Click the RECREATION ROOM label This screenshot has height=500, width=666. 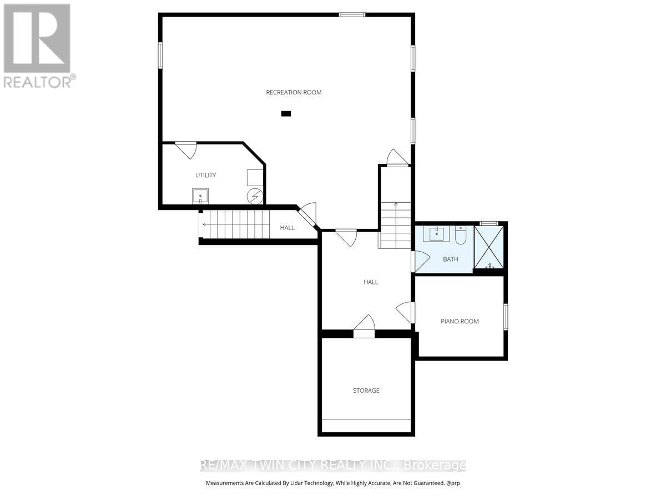click(x=294, y=92)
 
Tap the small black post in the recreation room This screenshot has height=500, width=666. click(x=286, y=114)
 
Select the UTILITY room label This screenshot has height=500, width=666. click(x=205, y=175)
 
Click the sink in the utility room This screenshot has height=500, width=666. click(x=200, y=196)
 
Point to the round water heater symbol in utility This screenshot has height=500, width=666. click(x=255, y=196)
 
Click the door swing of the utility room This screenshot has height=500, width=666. click(x=186, y=150)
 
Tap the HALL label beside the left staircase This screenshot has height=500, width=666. click(x=287, y=228)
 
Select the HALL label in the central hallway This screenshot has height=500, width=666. click(x=371, y=282)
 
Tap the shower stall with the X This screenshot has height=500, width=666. click(x=489, y=247)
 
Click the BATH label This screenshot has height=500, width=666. click(x=451, y=259)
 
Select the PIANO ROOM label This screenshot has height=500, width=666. click(x=460, y=321)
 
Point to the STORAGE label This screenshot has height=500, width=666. click(x=366, y=391)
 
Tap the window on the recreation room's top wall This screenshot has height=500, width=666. click(x=352, y=14)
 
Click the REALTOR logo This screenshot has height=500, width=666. click(x=38, y=44)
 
